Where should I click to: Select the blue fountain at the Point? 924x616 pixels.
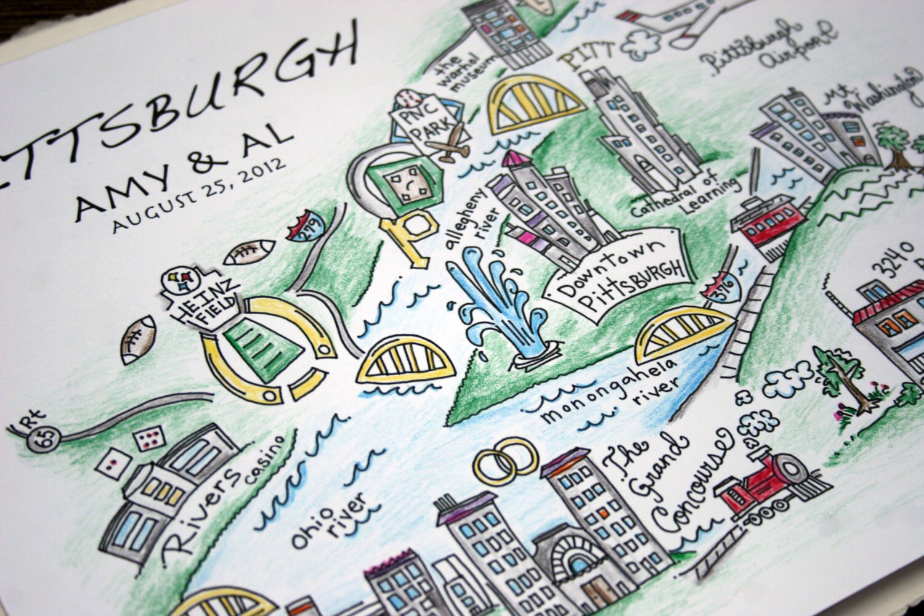[x=499, y=308]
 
